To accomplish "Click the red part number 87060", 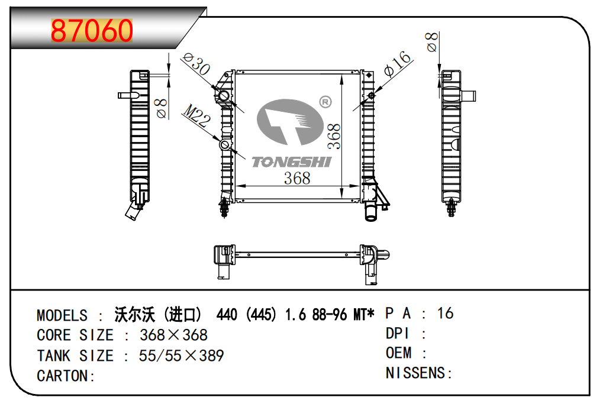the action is (x=92, y=31).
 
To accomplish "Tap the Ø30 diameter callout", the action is (x=196, y=64).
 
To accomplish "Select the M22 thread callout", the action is (x=196, y=115).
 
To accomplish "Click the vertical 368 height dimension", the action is (x=334, y=136).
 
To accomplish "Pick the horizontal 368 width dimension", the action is (x=297, y=179).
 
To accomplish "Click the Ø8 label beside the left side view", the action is (x=161, y=108).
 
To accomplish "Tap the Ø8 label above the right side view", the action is (x=431, y=41).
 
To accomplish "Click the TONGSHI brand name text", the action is (x=291, y=162).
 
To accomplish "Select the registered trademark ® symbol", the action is (x=325, y=102).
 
